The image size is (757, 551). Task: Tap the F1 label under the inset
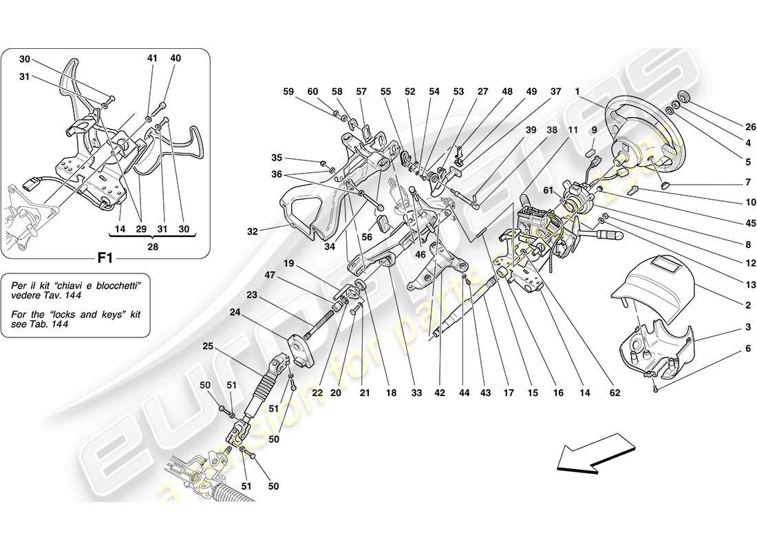click(x=105, y=260)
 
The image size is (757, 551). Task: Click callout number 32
click(x=253, y=232)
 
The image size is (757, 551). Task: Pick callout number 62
click(x=615, y=394)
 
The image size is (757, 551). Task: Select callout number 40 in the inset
click(x=176, y=59)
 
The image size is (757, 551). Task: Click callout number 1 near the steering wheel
click(x=577, y=92)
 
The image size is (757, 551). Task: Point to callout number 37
click(x=555, y=92)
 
